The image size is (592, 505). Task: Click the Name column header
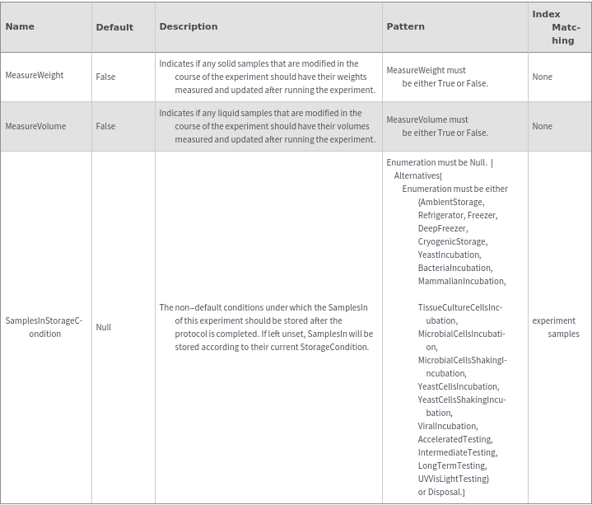pos(20,26)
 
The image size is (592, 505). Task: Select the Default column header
pos(114,27)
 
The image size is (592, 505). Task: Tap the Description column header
pos(189,26)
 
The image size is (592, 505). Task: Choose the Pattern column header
pos(405,26)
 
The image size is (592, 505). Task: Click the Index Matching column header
pos(557,27)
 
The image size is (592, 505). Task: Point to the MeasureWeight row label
pos(35,76)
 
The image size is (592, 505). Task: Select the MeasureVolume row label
pos(35,126)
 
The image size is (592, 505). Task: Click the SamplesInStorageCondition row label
pos(44,327)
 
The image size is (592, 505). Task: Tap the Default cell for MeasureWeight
pos(105,77)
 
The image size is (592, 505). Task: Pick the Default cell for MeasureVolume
pos(105,126)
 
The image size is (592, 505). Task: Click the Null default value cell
pos(103,327)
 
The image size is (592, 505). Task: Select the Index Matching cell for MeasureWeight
pos(542,77)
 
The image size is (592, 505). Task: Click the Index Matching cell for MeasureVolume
pos(542,126)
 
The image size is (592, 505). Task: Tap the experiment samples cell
pos(557,327)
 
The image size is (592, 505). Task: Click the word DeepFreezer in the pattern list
pos(442,228)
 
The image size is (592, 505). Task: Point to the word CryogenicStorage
pos(452,241)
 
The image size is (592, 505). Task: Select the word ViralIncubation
pos(447,426)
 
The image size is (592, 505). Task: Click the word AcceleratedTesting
pos(454,439)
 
